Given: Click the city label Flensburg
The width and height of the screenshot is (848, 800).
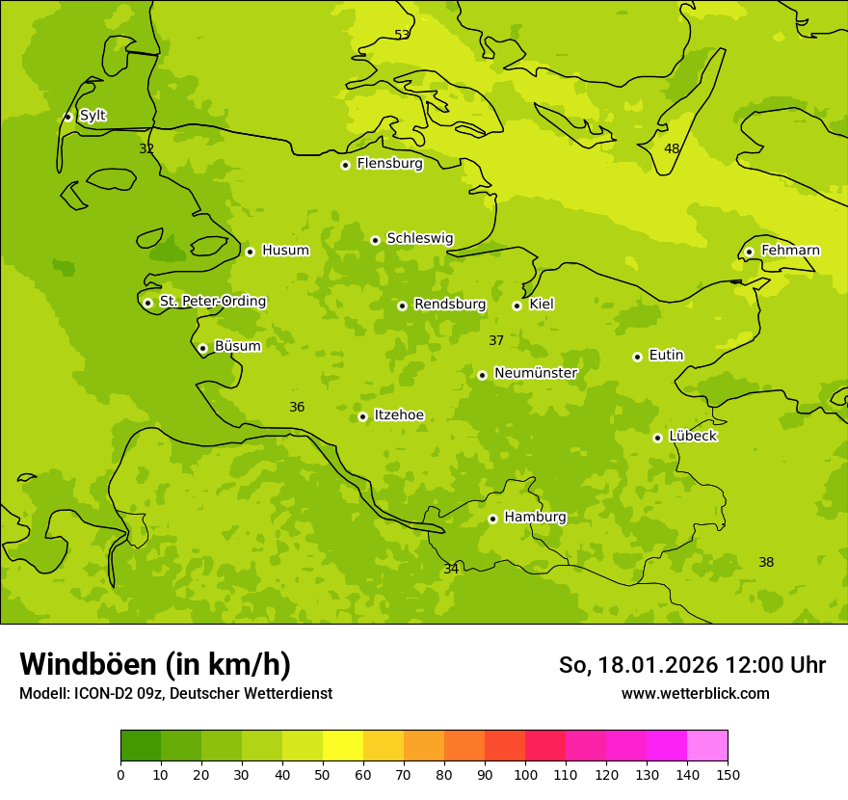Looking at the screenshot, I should tap(389, 164).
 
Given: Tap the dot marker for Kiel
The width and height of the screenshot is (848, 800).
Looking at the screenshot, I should tap(517, 306).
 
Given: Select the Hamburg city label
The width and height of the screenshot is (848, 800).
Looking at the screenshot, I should tap(535, 518).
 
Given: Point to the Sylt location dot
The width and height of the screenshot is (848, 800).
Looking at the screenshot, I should tap(67, 117).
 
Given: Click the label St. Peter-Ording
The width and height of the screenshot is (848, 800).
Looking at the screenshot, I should tap(212, 302).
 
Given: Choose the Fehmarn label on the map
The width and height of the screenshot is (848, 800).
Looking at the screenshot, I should tap(790, 251).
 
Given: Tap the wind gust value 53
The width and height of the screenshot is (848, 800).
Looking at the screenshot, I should tap(402, 35).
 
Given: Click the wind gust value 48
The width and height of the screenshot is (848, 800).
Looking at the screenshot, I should tap(672, 148).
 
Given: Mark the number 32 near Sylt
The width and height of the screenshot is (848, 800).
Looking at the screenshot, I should tap(146, 148).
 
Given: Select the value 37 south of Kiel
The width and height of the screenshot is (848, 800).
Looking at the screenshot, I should tap(496, 340).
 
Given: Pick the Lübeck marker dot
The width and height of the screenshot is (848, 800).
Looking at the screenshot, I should tap(657, 438).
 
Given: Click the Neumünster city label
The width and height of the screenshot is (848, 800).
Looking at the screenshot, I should tap(535, 373).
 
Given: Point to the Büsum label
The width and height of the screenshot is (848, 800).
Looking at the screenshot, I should tap(237, 346).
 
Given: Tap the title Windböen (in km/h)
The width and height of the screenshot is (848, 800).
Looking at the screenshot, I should tap(155, 664).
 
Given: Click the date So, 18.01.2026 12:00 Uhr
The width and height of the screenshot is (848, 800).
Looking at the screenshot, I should tap(692, 665).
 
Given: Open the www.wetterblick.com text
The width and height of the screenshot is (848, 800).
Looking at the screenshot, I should tap(695, 693).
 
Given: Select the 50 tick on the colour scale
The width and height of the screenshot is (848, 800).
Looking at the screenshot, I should tap(323, 774).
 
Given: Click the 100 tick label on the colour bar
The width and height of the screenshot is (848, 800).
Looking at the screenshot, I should tap(525, 774).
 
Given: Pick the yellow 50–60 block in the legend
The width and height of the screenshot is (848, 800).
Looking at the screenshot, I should tap(343, 746).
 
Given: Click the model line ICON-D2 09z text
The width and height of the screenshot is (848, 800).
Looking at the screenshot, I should tap(175, 693).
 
